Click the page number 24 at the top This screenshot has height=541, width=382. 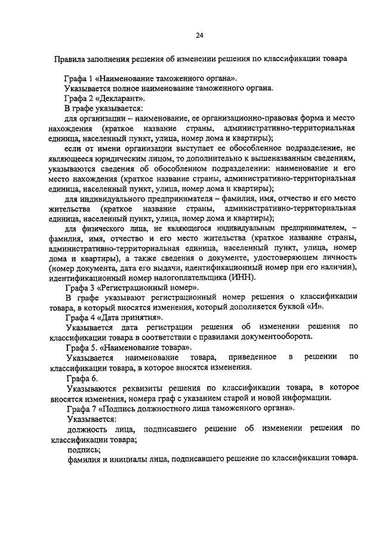[x=199, y=35]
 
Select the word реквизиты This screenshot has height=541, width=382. [x=132, y=389]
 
